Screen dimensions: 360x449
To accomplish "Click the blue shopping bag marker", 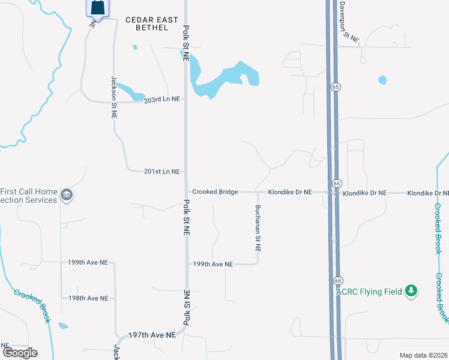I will tap(97, 8).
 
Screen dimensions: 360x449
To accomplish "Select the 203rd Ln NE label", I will tap(162, 101).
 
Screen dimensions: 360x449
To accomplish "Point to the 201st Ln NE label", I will tap(162, 172).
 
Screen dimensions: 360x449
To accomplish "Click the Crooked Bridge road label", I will tap(215, 192).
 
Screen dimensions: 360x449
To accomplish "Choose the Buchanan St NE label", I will tap(258, 227).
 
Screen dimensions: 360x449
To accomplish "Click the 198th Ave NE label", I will tap(88, 298).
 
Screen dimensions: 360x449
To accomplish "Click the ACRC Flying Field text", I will tap(369, 292).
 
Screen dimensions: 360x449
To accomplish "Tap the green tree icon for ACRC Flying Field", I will tap(411, 291).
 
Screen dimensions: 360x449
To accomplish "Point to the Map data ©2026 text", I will tap(423, 355).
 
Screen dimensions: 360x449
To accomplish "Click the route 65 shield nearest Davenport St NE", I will tap(334, 87).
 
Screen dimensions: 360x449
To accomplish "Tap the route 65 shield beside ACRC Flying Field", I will tap(337, 281).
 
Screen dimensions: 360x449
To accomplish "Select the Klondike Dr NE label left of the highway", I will tap(290, 192).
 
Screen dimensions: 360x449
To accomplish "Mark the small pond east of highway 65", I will tap(382, 80).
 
